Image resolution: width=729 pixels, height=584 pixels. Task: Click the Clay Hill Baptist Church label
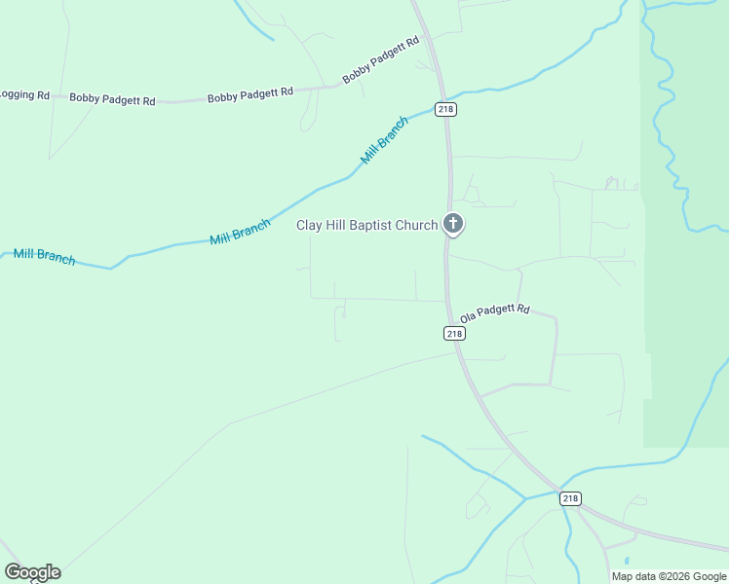(366, 226)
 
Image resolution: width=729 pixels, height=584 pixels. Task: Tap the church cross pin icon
(452, 224)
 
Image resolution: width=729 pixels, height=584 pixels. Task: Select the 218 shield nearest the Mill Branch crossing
(446, 110)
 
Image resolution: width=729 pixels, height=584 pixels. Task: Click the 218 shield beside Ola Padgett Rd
(454, 333)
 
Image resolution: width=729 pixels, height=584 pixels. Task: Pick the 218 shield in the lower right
(571, 498)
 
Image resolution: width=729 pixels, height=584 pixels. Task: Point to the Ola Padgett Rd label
(495, 311)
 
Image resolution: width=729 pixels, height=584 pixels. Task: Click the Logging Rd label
(24, 94)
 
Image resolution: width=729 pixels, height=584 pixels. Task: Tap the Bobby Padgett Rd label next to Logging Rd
(112, 99)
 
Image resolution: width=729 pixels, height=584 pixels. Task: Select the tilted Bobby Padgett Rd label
(380, 60)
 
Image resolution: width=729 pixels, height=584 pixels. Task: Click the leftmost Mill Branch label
(44, 257)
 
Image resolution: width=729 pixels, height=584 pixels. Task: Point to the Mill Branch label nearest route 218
(384, 140)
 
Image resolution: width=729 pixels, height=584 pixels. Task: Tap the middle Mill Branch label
(240, 232)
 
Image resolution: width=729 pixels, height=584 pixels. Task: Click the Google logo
(32, 572)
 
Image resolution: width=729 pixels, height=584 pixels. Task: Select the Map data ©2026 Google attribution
(669, 576)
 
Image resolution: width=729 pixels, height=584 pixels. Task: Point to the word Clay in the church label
(310, 226)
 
